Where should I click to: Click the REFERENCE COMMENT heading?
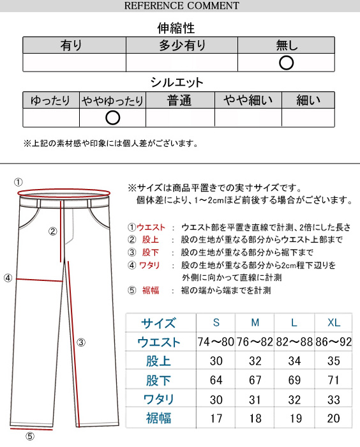181,6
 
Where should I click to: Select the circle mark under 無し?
287,62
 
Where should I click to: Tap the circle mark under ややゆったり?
112,117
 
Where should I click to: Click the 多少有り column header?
182,45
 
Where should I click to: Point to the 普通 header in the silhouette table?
179,101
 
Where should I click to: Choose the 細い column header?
309,101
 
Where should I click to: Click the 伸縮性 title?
176,28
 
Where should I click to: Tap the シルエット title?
177,82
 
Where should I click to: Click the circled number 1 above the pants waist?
19,182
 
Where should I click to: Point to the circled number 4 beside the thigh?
8,278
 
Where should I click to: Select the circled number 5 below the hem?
29,437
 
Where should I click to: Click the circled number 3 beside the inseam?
81,342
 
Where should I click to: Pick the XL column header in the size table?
333,322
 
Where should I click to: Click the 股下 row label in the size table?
158,381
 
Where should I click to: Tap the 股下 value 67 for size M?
255,381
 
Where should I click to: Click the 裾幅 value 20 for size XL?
333,420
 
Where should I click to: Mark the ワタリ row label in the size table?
158,400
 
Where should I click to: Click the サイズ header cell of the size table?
158,322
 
